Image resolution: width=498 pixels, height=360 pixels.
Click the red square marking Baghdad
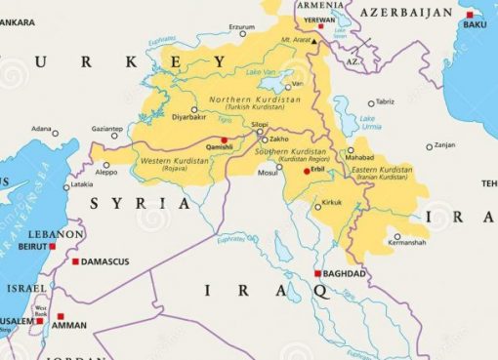[318, 273]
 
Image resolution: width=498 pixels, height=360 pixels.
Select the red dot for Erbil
[307, 171]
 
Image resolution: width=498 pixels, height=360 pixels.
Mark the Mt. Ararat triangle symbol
[315, 43]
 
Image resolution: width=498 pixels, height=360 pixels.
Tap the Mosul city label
[267, 173]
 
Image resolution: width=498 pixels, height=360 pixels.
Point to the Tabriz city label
[385, 101]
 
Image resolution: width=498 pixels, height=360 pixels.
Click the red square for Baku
[469, 15]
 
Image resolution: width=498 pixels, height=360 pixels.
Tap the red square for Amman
[61, 316]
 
